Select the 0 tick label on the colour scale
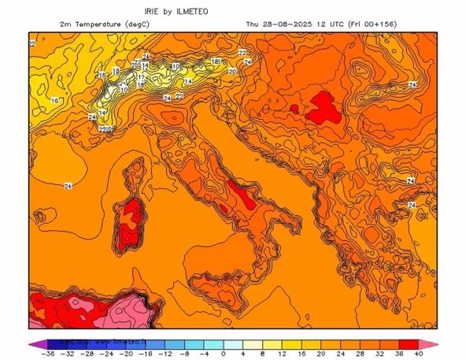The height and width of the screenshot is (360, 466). click(224, 354)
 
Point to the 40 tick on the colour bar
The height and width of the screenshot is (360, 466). click(417, 354)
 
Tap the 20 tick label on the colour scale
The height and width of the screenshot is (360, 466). click(320, 354)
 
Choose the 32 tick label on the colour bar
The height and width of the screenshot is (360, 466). click(379, 354)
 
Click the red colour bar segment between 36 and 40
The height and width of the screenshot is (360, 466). click(408, 343)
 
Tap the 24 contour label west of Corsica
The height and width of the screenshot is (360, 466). click(68, 185)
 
